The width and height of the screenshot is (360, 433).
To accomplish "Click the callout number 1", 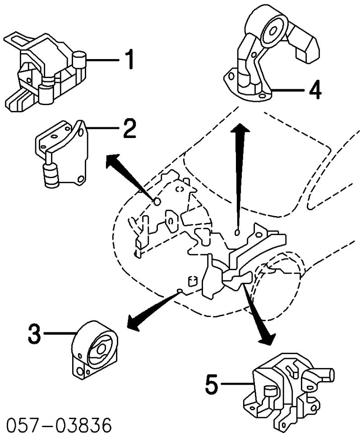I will pyautogui.click(x=129, y=60).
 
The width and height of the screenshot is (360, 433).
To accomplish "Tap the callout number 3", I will pyautogui.click(x=36, y=334).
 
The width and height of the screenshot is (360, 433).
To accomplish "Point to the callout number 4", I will pyautogui.click(x=314, y=90).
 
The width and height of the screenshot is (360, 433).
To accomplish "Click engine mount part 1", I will pyautogui.click(x=45, y=68).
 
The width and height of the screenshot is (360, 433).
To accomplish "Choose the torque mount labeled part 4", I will pyautogui.click(x=266, y=54).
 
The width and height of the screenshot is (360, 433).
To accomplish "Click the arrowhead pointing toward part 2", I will pyautogui.click(x=113, y=160).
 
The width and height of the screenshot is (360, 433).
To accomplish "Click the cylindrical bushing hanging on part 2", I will pyautogui.click(x=51, y=175).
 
